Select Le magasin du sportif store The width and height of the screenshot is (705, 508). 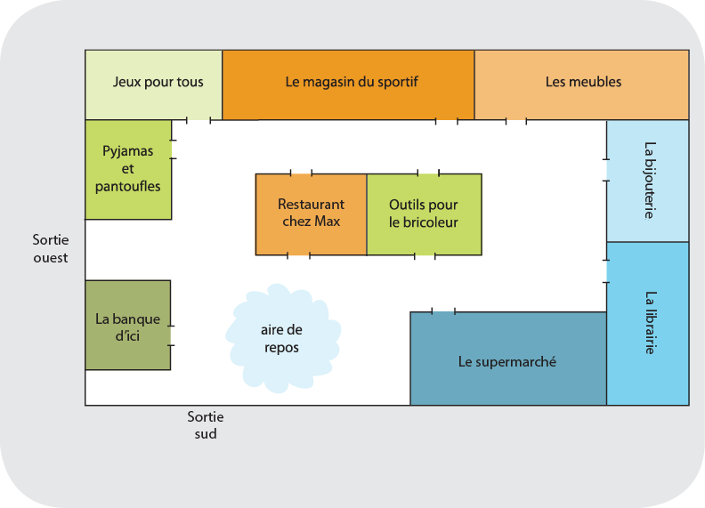pos(348,84)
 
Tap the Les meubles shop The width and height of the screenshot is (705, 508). pos(582,84)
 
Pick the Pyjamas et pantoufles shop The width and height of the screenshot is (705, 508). pos(128,169)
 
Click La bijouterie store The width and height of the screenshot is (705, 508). pos(648,181)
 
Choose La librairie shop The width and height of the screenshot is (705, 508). pos(648,323)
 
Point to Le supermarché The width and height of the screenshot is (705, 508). pos(507,359)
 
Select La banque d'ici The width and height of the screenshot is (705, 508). pos(127,325)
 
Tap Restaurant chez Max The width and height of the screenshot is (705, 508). pos(311,214)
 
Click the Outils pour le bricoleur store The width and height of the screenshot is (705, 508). pos(424,214)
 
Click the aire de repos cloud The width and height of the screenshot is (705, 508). pos(281,338)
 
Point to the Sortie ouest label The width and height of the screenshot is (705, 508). pos(50,249)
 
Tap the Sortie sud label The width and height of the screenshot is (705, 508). pos(206,425)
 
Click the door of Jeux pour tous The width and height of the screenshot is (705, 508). pos(199,120)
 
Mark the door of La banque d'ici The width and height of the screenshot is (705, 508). pos(171,335)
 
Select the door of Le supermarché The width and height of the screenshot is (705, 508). pos(443,311)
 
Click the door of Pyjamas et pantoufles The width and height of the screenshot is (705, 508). pos(172,149)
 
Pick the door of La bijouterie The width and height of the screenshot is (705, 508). pos(607,170)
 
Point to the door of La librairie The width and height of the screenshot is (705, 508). pos(607,271)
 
